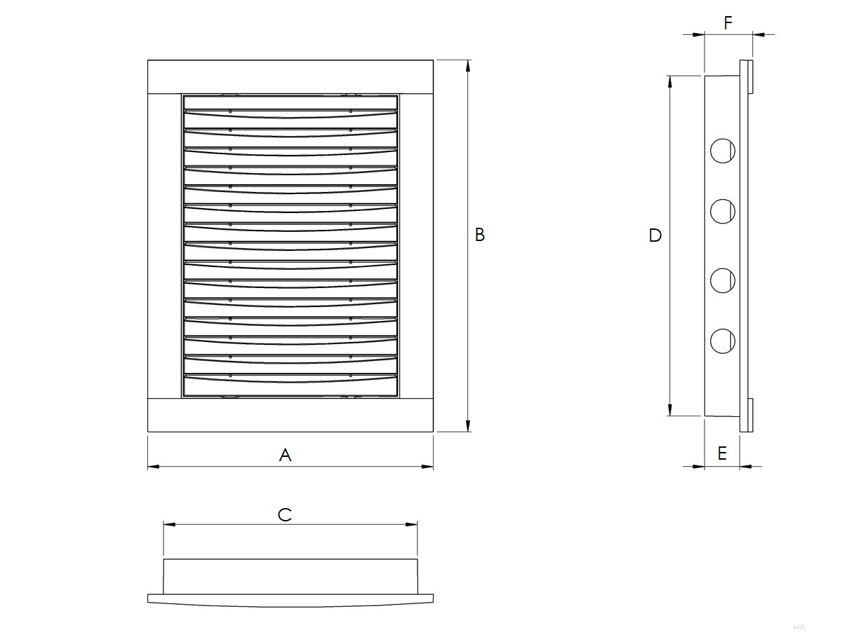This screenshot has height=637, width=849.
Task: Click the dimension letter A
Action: tap(285, 455)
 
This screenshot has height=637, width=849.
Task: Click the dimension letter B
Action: tap(480, 235)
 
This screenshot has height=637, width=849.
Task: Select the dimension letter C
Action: tap(284, 515)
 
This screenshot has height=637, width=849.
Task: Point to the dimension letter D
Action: tap(655, 235)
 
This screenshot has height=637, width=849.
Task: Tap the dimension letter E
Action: tap(722, 453)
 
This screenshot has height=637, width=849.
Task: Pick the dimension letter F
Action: tap(728, 23)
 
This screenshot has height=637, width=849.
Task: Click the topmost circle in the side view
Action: tap(721, 150)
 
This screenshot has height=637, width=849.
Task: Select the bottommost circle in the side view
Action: tap(721, 341)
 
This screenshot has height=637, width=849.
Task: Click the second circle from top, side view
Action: tap(721, 210)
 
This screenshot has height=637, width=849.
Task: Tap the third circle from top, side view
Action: tap(721, 280)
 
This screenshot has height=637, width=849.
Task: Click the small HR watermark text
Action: tap(798, 627)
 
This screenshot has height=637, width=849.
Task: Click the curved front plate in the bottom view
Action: tap(290, 600)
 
